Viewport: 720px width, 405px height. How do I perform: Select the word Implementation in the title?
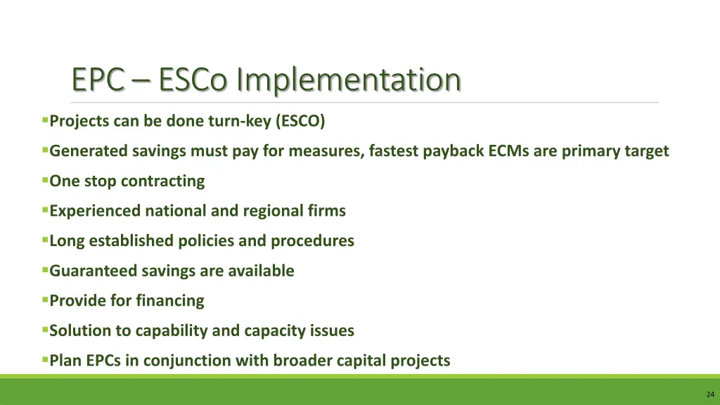click(x=349, y=79)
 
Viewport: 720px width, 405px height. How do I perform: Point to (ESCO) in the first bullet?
click(x=300, y=121)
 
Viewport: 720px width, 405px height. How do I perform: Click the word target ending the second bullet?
click(x=646, y=151)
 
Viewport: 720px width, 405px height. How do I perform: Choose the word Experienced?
click(x=95, y=211)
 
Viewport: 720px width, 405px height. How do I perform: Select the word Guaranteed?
click(x=94, y=271)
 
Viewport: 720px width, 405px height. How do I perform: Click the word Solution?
click(x=80, y=330)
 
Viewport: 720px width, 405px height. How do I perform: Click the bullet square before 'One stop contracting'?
click(x=45, y=180)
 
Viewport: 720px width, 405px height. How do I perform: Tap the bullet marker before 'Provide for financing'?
click(x=45, y=300)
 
